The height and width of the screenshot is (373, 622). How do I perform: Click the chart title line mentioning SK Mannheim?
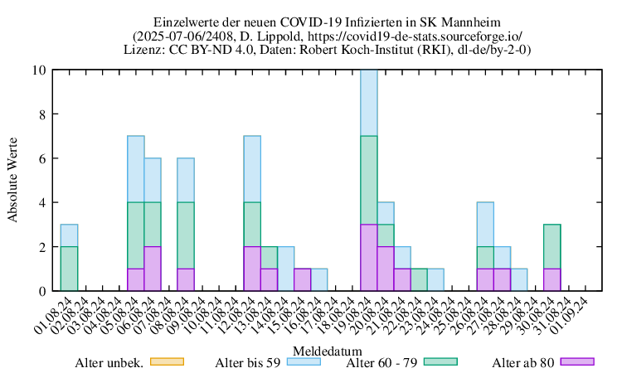pyautogui.click(x=328, y=21)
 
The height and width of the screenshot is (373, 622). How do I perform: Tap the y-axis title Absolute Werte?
pyautogui.click(x=13, y=180)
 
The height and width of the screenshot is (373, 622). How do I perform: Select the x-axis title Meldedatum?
pyautogui.click(x=327, y=351)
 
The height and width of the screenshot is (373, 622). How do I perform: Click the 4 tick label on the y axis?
pyautogui.click(x=41, y=203)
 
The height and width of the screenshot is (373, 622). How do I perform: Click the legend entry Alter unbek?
pyautogui.click(x=109, y=362)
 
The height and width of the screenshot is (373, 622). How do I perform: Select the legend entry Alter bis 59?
pyautogui.click(x=249, y=362)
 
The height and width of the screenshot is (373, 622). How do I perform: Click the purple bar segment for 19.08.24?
pyautogui.click(x=369, y=257)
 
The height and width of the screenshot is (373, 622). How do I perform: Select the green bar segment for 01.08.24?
pyautogui.click(x=69, y=269)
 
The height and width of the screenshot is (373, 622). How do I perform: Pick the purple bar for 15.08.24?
pyautogui.click(x=302, y=279)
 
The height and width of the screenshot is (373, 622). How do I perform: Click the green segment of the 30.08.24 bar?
pyautogui.click(x=552, y=246)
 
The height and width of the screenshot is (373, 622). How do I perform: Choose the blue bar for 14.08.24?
pyautogui.click(x=285, y=269)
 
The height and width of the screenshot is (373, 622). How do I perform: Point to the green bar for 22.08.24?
pyautogui.click(x=419, y=279)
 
